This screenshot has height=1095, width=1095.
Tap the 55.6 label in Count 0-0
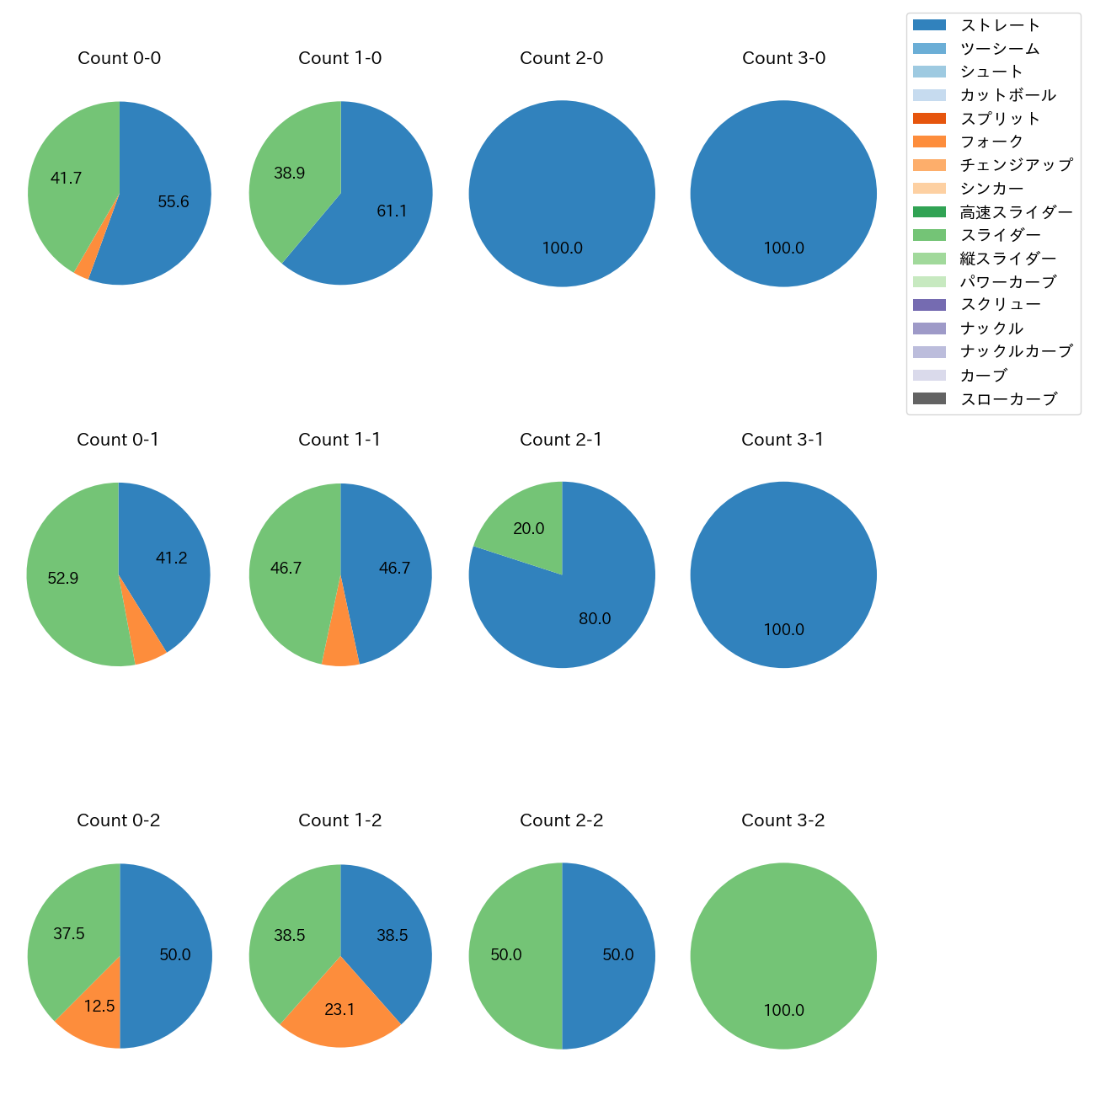[174, 202]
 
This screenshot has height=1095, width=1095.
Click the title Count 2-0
[561, 58]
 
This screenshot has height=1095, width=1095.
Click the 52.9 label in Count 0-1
[63, 579]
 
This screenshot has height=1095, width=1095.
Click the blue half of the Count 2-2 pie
[611, 956]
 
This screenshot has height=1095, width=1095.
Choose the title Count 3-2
[783, 820]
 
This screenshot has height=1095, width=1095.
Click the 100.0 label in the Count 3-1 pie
[783, 629]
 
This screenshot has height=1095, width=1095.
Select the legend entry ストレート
[1000, 25]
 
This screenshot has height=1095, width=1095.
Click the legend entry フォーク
[991, 142]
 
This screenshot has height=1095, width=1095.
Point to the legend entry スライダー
[1000, 235]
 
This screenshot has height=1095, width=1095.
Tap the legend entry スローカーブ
[1008, 399]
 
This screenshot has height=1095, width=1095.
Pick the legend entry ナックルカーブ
[1016, 351]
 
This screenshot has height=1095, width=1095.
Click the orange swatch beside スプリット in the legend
[929, 119]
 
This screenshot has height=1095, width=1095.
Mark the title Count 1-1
[339, 440]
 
